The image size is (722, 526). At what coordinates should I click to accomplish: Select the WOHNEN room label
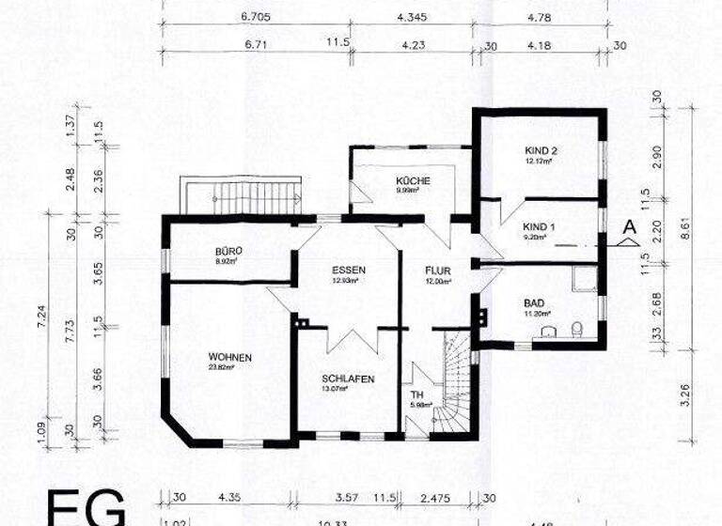click(x=230, y=356)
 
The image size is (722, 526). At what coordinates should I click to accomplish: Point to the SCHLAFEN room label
click(x=348, y=379)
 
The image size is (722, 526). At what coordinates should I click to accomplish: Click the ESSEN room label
click(x=348, y=269)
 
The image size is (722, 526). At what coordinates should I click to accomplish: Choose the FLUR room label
click(x=437, y=269)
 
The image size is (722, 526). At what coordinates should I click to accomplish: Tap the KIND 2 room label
click(x=541, y=150)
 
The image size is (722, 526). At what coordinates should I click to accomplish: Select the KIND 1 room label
click(x=540, y=227)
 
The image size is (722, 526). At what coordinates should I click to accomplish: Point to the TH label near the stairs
click(x=417, y=394)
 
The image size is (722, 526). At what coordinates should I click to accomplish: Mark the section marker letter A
click(x=629, y=226)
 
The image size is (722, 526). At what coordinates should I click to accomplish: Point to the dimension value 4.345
click(x=413, y=16)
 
